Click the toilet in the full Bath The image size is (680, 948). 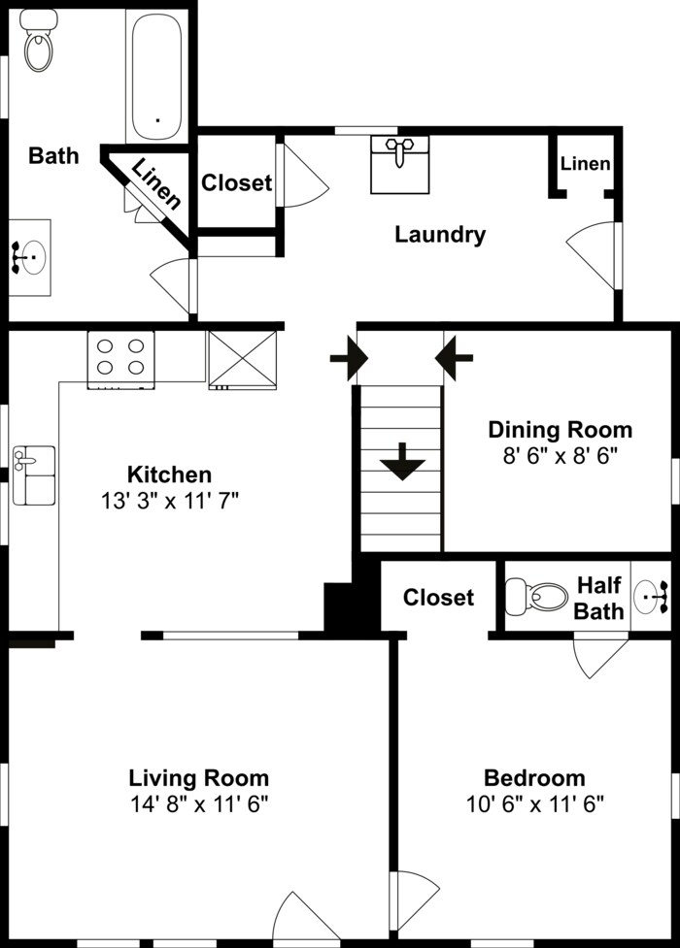tap(39, 40)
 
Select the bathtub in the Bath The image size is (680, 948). tap(156, 77)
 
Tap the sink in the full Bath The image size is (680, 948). tap(30, 257)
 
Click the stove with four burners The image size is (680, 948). tap(120, 359)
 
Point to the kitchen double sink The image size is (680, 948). tap(35, 475)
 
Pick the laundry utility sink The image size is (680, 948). tap(399, 164)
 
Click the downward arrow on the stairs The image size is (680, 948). tap(403, 461)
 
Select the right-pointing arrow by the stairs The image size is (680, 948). tap(349, 358)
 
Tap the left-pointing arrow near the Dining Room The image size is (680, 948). tap(454, 358)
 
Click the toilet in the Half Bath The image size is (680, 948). tap(536, 596)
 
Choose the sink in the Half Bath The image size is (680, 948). tap(651, 596)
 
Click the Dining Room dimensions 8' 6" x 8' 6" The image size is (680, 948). tap(561, 455)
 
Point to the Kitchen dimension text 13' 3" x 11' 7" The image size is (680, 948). tap(170, 501)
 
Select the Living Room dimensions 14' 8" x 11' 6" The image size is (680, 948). tap(199, 804)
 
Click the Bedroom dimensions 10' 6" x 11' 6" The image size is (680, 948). tap(535, 804)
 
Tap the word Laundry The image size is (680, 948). tap(440, 235)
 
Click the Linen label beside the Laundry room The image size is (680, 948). tap(585, 163)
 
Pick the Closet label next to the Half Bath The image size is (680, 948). tap(438, 598)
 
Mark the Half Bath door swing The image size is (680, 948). tap(600, 655)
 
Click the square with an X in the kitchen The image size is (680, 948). tap(243, 359)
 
